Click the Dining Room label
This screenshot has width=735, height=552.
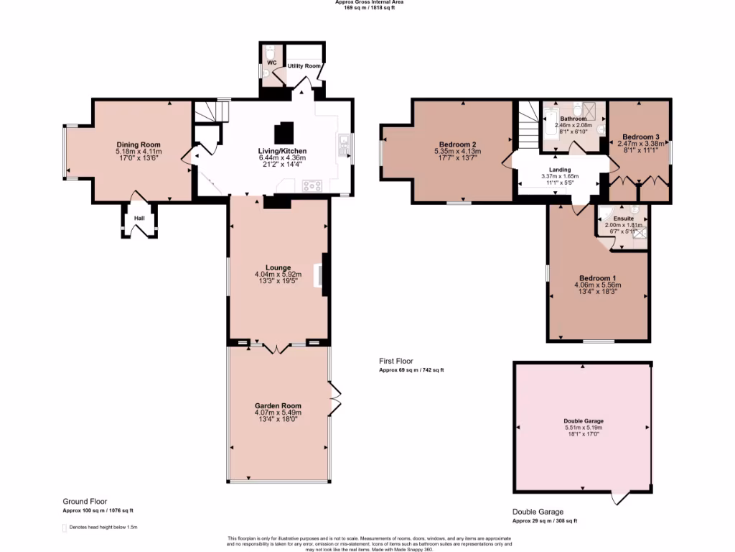138,144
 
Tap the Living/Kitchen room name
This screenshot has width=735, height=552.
282,150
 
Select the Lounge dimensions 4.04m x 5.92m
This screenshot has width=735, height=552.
278,275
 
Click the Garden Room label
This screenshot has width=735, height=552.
278,405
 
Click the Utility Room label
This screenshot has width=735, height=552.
304,66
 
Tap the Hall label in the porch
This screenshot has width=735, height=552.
139,218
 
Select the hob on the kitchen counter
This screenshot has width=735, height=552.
313,185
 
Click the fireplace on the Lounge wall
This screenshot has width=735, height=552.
323,275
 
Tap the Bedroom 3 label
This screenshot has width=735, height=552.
640,137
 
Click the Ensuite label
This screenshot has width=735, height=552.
623,218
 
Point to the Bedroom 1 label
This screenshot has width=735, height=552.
597,278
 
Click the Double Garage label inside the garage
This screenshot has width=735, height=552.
583,421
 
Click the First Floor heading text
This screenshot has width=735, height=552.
395,362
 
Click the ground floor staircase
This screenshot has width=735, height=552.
212,112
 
